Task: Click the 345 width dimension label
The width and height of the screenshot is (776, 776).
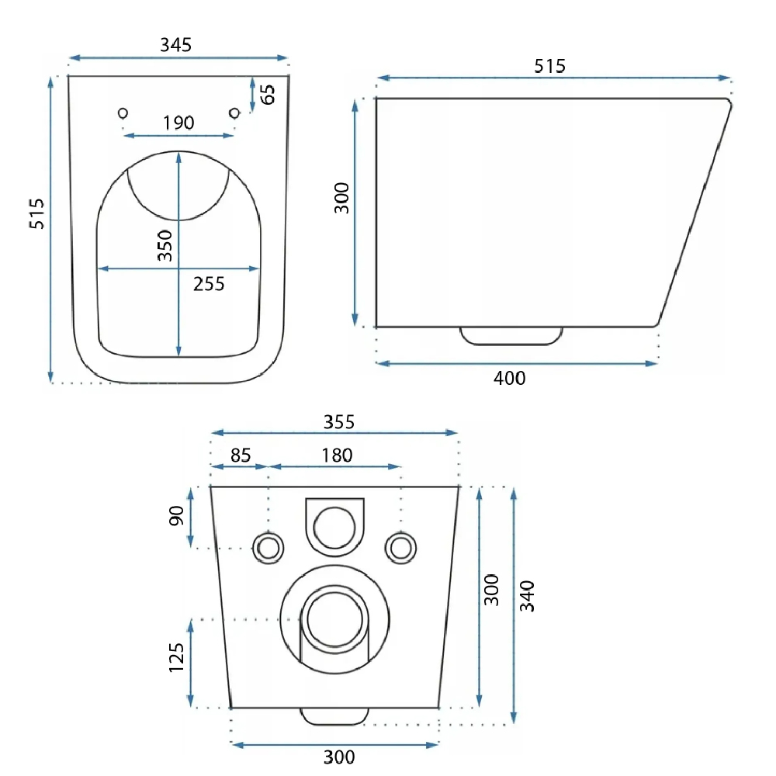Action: click(x=175, y=45)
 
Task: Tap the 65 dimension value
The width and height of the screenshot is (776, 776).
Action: click(x=267, y=94)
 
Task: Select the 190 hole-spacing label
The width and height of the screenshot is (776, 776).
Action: click(x=178, y=123)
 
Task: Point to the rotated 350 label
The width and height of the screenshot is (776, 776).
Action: click(x=165, y=245)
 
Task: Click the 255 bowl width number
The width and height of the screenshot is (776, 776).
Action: click(x=209, y=284)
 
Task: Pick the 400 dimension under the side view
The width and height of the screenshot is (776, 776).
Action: click(x=509, y=379)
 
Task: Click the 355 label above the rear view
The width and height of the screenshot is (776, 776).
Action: click(x=339, y=422)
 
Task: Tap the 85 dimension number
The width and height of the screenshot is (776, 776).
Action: click(x=241, y=456)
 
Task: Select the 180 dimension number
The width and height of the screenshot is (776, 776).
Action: click(x=337, y=456)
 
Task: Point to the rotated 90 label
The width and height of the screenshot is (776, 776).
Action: click(x=177, y=516)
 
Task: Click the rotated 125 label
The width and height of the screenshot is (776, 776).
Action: click(x=176, y=658)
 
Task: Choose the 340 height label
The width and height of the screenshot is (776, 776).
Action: click(x=527, y=596)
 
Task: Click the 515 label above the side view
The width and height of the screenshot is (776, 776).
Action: click(x=550, y=66)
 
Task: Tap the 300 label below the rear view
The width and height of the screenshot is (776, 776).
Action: click(x=339, y=757)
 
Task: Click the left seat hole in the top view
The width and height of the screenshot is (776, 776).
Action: click(x=123, y=113)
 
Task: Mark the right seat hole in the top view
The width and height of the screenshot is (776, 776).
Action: click(x=234, y=113)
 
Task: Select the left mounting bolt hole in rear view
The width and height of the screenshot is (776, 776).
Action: click(x=268, y=549)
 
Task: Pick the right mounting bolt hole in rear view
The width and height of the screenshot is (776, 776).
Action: click(x=400, y=549)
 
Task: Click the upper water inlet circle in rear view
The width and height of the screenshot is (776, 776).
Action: click(x=334, y=528)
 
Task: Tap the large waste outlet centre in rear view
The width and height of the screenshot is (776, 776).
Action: click(x=334, y=619)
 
